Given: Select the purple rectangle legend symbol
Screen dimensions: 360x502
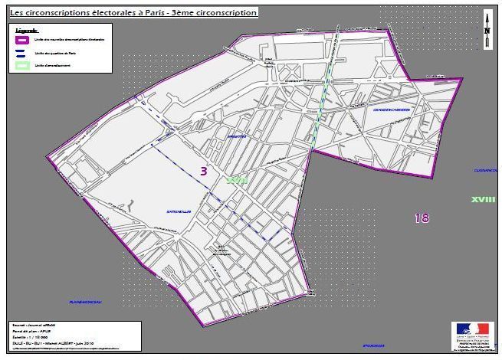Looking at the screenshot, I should pos(21,39).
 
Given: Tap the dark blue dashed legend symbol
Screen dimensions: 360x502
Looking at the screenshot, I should pos(21,53).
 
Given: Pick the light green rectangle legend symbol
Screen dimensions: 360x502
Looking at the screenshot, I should pos(21,66).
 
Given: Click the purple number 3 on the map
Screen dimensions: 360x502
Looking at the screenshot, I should pos(204,172).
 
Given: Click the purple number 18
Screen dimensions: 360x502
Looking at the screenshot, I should pos(422,218).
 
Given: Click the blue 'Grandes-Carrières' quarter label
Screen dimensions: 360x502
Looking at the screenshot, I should pos(391,110).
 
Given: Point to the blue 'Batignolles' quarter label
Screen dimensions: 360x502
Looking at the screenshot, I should pos(177,211).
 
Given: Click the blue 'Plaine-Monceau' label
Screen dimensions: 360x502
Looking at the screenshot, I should pos(86,301).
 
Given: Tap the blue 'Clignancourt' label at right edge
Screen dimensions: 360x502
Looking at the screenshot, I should pos(485,170).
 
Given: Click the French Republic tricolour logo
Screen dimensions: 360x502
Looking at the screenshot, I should pos(472,329).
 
